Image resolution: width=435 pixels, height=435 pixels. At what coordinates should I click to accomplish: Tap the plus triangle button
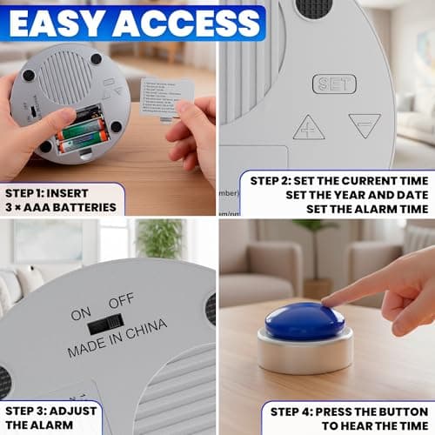(x=309, y=128)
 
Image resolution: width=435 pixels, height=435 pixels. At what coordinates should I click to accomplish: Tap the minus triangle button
(x=365, y=125)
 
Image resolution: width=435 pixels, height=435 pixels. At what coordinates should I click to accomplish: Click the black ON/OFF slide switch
(x=104, y=325)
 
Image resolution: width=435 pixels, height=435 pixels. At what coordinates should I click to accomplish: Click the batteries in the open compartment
(x=83, y=130)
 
